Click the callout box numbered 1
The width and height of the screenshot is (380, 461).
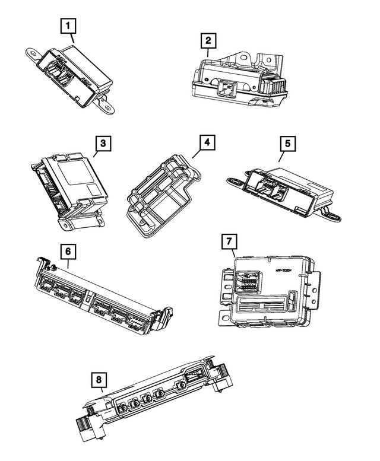click(x=69, y=26)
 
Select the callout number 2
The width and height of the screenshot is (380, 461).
click(x=207, y=41)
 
